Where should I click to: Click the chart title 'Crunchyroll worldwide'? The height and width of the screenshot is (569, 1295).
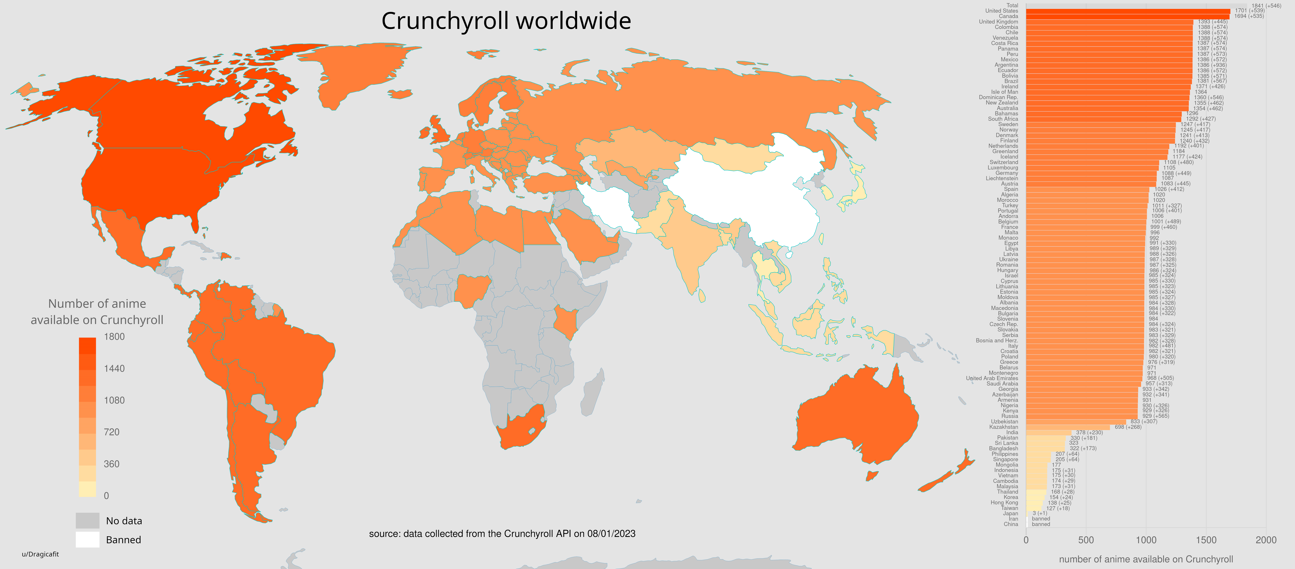click(506, 21)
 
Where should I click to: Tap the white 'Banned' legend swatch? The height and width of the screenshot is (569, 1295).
click(87, 539)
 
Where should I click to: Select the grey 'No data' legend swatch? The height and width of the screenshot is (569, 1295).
click(87, 520)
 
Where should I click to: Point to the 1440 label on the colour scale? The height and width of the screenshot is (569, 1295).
click(114, 368)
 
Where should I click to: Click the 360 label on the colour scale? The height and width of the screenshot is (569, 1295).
click(112, 464)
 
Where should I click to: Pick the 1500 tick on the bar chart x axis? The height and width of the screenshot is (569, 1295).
click(1206, 540)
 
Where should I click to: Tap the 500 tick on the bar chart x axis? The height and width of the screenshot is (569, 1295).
click(1086, 540)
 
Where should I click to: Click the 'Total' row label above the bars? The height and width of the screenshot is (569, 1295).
click(1012, 5)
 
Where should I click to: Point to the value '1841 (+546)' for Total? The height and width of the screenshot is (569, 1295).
click(1266, 6)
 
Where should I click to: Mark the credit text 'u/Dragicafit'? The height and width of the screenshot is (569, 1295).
click(40, 554)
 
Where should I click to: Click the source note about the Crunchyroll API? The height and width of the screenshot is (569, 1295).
click(502, 533)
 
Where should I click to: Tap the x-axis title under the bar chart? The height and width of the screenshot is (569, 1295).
click(1146, 559)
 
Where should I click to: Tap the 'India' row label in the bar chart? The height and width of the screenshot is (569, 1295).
click(1012, 432)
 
